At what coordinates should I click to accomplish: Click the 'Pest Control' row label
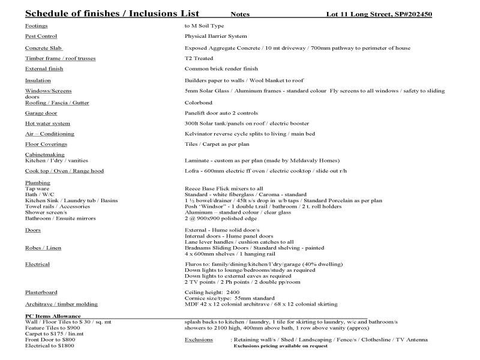[x=41, y=37]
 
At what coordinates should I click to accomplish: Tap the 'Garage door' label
[x=41, y=113]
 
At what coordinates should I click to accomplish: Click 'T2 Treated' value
[x=199, y=58]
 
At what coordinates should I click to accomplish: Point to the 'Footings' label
[x=37, y=26]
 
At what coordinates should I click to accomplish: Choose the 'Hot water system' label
[x=47, y=124]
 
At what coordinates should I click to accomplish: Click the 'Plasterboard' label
[x=41, y=292]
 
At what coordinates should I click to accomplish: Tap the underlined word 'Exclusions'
[x=199, y=340]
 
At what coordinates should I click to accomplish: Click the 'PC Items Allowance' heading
[x=53, y=316]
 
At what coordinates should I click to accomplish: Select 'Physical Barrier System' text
[x=215, y=37]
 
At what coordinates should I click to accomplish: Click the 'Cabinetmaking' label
[x=44, y=155]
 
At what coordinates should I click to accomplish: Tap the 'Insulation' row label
[x=38, y=80]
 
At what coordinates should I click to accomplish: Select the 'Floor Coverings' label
[x=46, y=145]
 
